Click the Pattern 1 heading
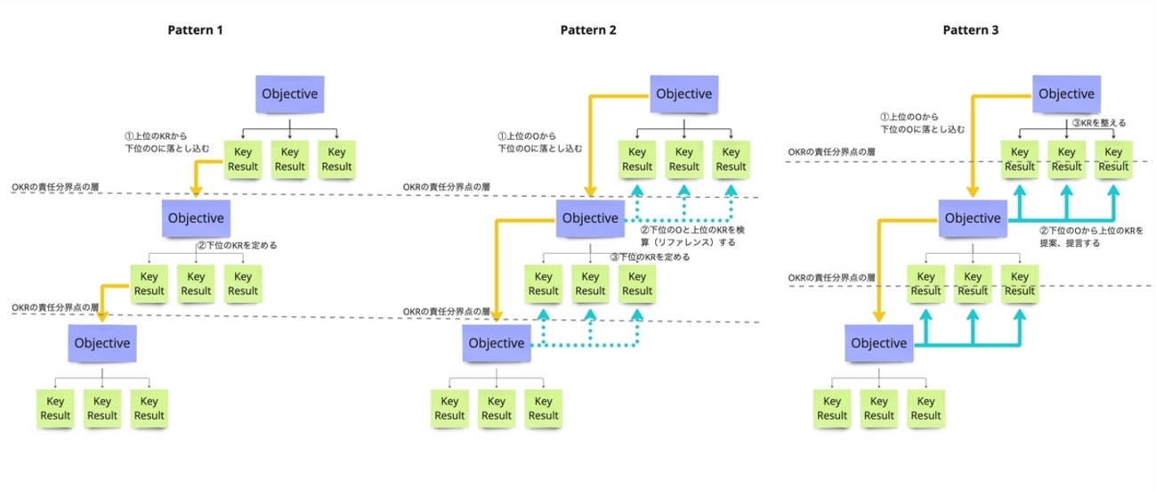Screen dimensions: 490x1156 click(194, 29)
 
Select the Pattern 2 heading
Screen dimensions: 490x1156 click(587, 29)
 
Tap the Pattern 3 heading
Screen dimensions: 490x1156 click(971, 29)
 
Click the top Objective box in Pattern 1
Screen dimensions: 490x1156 click(289, 94)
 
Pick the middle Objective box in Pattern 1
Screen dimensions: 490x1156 click(195, 218)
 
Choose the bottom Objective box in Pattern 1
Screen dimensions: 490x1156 click(102, 343)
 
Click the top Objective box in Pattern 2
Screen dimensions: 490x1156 click(683, 94)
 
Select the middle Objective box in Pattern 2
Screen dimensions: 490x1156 click(589, 218)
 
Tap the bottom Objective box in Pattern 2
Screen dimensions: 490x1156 click(496, 344)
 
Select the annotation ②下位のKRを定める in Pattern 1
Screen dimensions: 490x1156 click(238, 245)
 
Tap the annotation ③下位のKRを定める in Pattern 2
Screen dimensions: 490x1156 click(650, 257)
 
